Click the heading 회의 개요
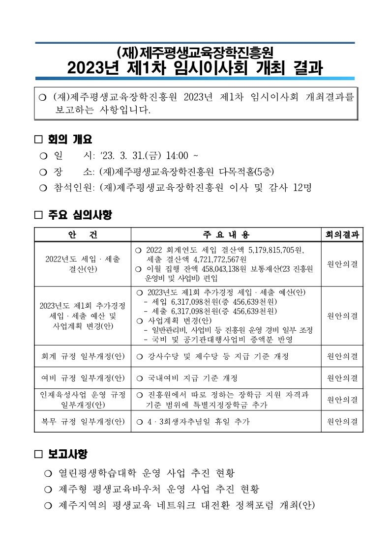70,139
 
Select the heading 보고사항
68,453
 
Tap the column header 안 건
83,235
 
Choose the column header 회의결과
342,235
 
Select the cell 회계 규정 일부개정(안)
83,356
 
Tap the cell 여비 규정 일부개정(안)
83,378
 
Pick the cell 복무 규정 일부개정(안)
83,421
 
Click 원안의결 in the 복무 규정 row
342,421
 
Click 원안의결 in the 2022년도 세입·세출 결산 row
342,264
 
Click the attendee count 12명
301,187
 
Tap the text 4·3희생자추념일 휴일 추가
198,421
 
